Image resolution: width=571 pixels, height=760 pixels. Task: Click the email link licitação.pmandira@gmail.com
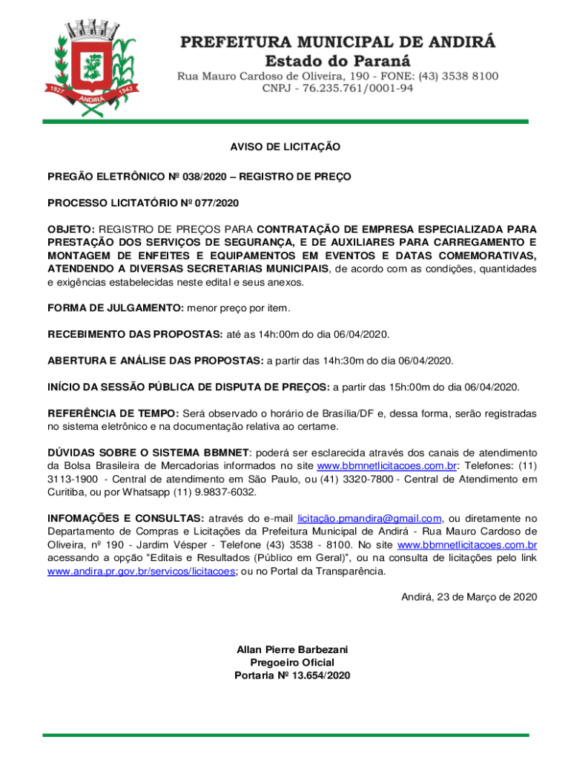[x=369, y=519]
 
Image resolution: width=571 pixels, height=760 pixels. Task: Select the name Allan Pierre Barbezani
[x=292, y=649]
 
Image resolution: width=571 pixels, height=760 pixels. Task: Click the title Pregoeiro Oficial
[x=292, y=662]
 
